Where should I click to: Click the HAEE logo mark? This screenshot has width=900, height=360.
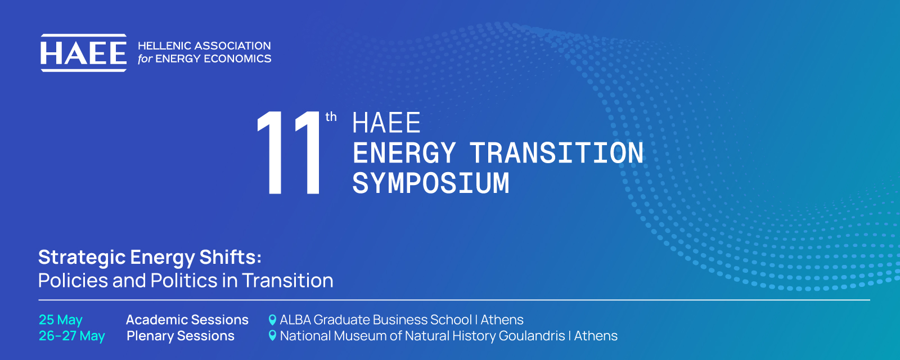click(84, 53)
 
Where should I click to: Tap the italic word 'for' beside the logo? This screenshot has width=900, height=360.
click(145, 58)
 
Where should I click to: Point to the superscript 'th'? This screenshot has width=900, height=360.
click(331, 117)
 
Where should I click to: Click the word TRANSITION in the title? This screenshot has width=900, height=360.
click(557, 153)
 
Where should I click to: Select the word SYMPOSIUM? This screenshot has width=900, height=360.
click(431, 183)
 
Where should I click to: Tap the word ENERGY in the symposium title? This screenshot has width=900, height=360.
click(404, 153)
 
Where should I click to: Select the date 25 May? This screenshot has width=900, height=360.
click(61, 320)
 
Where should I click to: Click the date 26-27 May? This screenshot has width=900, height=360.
click(72, 336)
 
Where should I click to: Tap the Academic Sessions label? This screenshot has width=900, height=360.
click(187, 320)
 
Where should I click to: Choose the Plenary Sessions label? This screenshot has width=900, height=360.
click(181, 336)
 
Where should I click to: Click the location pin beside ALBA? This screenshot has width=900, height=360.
click(272, 320)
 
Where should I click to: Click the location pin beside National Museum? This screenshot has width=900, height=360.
click(272, 335)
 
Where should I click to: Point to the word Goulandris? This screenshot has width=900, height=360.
click(532, 336)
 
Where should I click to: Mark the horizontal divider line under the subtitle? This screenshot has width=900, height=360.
click(454, 300)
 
